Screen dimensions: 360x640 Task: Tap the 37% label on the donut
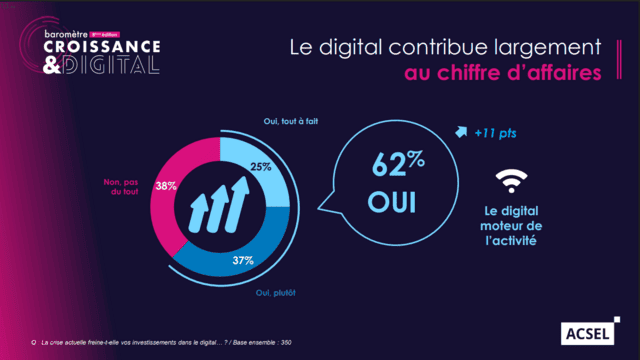pos(244,260)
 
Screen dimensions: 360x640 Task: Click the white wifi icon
pos(512,182)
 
